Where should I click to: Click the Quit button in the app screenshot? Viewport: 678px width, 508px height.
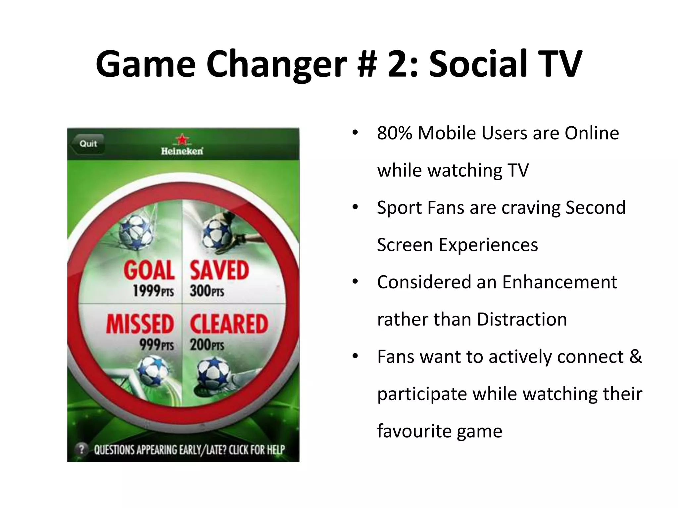tap(88, 144)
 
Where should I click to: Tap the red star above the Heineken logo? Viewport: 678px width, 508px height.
tap(182, 139)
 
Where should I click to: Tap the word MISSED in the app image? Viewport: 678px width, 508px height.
tap(140, 324)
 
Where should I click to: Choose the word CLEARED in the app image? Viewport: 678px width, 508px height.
tap(229, 324)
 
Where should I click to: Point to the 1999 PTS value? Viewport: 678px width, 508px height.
tap(153, 291)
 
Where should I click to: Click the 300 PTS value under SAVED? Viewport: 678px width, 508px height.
tap(207, 291)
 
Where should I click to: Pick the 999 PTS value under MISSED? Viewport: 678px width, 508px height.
tap(156, 345)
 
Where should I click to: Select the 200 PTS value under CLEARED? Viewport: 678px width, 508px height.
tap(207, 345)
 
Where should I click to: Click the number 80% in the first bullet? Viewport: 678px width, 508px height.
tap(395, 133)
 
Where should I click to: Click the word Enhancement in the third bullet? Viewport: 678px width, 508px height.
tap(559, 282)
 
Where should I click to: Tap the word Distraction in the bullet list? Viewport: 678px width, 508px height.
tap(522, 320)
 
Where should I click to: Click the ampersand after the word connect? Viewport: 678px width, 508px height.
tap(635, 357)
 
